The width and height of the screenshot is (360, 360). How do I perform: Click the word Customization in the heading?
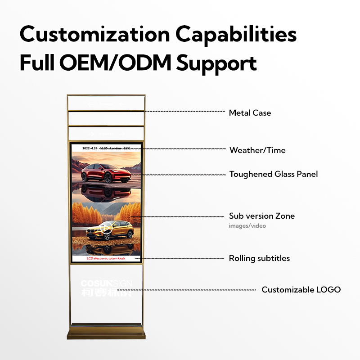click(93, 35)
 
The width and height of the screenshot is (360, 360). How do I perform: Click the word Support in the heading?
click(216, 64)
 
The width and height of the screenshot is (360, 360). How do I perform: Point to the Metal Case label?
click(250, 113)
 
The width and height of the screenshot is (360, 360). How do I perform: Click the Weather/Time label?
click(257, 150)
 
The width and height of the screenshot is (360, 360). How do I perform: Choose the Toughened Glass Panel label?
click(273, 174)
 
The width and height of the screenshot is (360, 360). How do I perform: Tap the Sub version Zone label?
click(261, 216)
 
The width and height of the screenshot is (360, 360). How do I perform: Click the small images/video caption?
click(247, 226)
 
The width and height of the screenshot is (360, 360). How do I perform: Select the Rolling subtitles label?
click(259, 258)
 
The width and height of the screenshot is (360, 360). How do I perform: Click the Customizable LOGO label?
click(301, 290)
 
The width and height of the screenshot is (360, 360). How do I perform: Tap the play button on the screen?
click(106, 228)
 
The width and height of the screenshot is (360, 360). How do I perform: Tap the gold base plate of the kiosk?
click(106, 335)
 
